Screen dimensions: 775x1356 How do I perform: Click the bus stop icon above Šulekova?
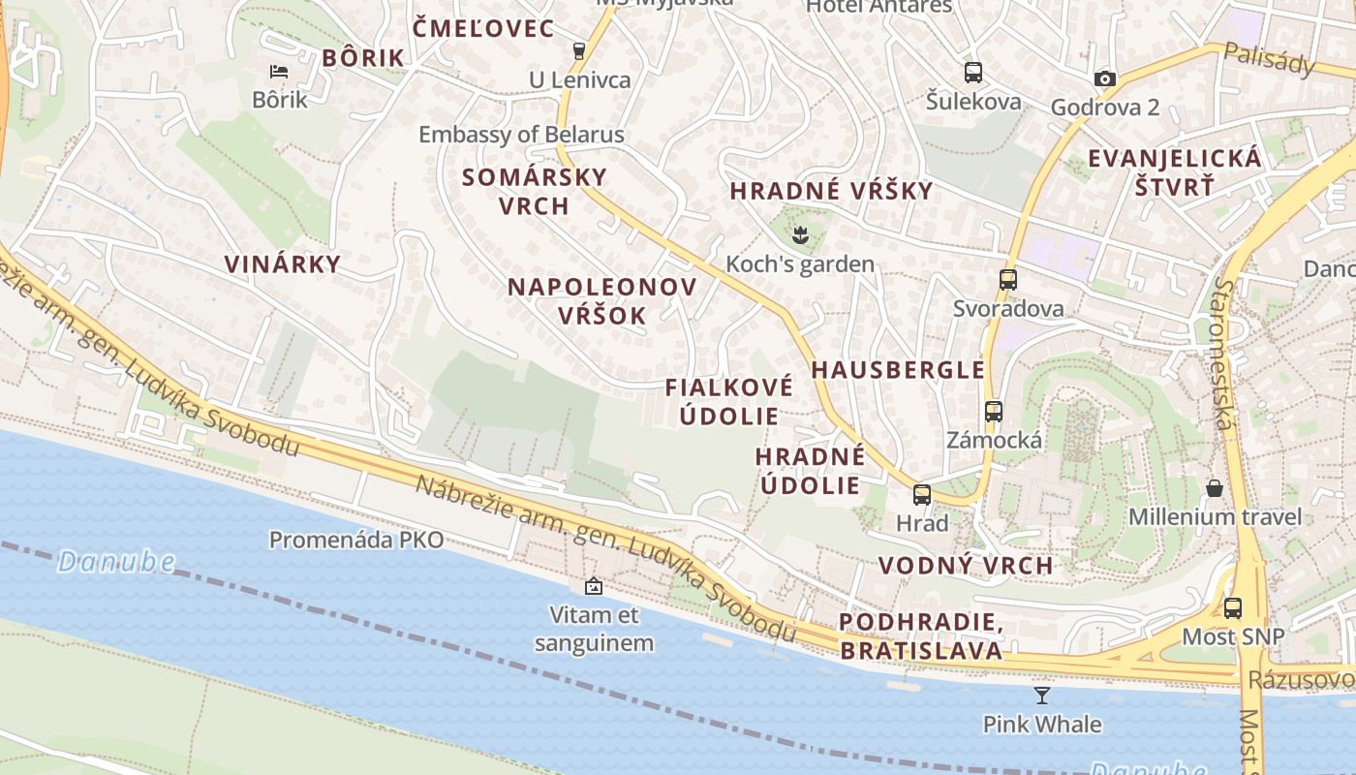point(972,72)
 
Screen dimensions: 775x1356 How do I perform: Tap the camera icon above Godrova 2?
point(1104,78)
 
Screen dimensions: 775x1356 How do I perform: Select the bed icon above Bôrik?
point(279,71)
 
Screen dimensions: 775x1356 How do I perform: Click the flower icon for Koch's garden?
point(800,233)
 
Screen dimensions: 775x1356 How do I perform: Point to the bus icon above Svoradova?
point(1008,280)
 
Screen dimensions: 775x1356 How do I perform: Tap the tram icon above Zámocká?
point(994,411)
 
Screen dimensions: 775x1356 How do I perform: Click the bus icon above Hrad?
point(922,494)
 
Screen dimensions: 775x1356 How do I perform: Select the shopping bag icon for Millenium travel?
point(1215,487)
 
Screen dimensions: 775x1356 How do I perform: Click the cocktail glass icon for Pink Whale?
point(1042,695)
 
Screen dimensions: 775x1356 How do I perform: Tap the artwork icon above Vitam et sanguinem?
point(594,586)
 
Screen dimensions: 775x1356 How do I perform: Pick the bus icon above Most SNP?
point(1232,608)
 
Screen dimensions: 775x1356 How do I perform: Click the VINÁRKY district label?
point(283,264)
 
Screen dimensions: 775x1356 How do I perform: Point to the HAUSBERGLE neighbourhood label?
point(898,370)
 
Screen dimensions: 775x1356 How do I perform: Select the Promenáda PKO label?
point(356,540)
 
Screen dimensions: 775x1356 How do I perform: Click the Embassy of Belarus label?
point(521,135)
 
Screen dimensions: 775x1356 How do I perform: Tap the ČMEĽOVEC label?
point(483,29)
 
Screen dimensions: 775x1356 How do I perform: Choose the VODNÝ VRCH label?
point(966,566)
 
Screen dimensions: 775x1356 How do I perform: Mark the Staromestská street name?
point(1225,355)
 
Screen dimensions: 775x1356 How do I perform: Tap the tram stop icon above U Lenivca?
point(579,50)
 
